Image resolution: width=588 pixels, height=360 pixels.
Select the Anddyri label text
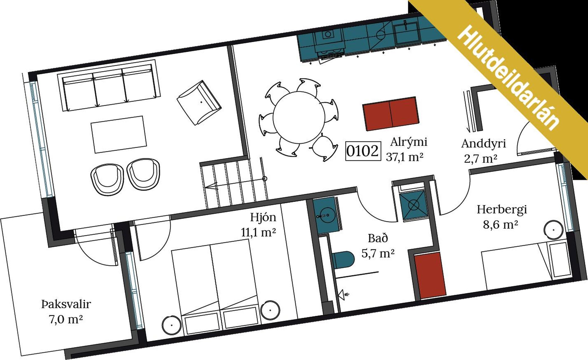(x=483, y=144)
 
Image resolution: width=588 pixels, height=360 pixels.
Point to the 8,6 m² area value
(x=501, y=225)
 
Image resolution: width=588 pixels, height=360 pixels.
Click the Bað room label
(x=378, y=238)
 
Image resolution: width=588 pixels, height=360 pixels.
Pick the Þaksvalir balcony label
(x=66, y=304)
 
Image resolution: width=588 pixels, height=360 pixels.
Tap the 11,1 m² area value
(x=258, y=233)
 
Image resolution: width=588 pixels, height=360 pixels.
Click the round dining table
(x=299, y=118)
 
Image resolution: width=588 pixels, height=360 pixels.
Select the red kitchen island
(x=390, y=114)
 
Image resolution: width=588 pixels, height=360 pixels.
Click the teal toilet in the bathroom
(x=343, y=260)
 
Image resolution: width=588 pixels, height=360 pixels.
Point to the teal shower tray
(x=413, y=205)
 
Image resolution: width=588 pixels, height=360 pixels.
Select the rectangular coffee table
(x=119, y=134)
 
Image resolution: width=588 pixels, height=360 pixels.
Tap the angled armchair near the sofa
(x=199, y=102)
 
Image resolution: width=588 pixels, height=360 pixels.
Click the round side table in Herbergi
(x=554, y=230)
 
